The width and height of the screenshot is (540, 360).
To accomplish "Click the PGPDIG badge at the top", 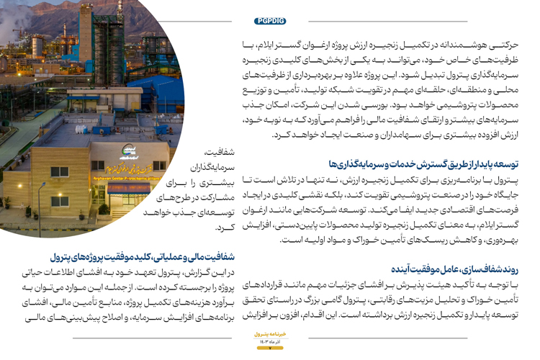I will tap(270, 22).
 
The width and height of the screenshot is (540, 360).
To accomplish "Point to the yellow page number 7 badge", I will tap(269, 347).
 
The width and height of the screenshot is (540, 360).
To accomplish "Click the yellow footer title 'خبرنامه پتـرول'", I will tap(270, 334).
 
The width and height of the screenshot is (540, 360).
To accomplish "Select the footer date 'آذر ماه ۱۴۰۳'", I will tap(270, 341).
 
